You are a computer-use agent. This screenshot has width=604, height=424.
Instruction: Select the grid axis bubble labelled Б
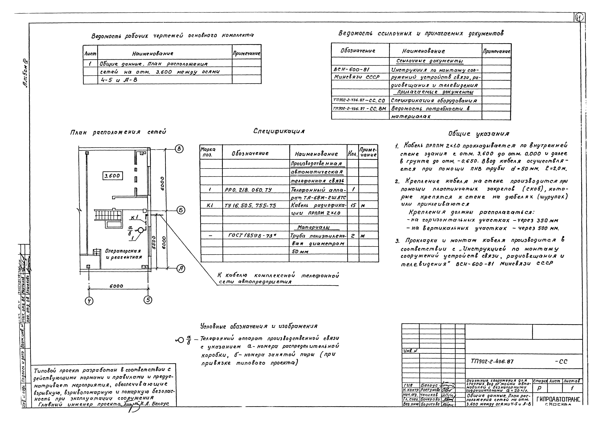tap(181, 210)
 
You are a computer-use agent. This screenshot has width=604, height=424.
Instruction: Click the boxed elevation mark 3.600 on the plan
tap(112, 176)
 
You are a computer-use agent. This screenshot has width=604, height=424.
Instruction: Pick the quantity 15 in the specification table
tap(353, 205)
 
